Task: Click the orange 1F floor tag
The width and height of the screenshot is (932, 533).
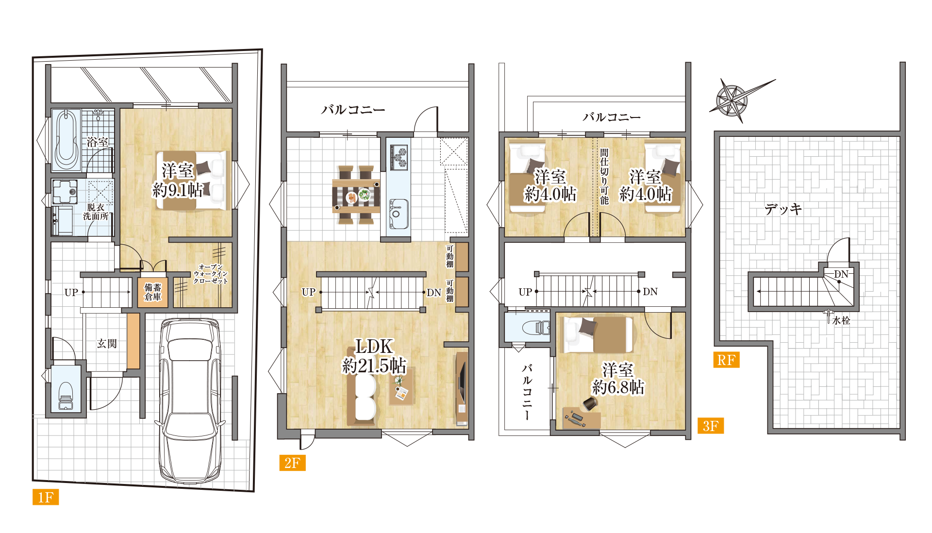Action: [x=46, y=497]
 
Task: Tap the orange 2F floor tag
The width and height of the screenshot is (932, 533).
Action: [x=292, y=463]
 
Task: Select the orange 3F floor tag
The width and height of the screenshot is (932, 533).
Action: [x=710, y=426]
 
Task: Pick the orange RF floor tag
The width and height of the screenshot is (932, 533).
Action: [x=726, y=360]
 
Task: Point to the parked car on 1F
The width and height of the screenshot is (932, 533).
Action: [x=191, y=400]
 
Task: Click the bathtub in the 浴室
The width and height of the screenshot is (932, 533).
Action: [x=67, y=140]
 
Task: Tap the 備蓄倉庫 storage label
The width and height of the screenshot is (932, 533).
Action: [x=153, y=292]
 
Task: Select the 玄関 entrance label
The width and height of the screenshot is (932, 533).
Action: [x=107, y=344]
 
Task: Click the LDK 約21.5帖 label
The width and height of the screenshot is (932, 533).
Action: [x=374, y=356]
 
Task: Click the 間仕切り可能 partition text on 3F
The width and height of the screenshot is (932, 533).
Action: [x=604, y=176]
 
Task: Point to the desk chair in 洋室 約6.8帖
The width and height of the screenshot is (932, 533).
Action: [x=590, y=403]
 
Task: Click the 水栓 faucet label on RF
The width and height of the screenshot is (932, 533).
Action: [x=841, y=320]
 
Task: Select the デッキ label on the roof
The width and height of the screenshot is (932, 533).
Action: [x=783, y=209]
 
